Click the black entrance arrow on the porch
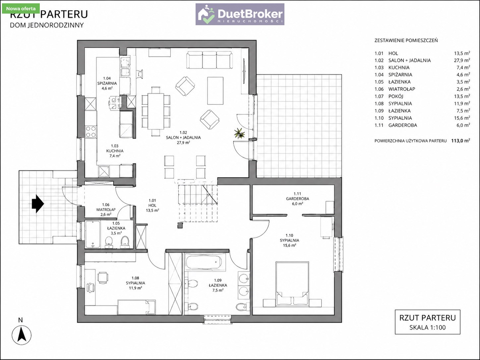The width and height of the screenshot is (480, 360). click(38, 204)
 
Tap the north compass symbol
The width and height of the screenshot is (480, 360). click(22, 335)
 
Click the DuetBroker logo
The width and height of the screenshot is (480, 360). click(240, 14)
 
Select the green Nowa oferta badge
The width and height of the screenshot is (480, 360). click(21, 9)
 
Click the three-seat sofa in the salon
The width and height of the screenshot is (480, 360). click(209, 60)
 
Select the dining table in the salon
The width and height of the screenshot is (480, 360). click(156, 111)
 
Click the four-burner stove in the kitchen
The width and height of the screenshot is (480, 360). click(91, 132)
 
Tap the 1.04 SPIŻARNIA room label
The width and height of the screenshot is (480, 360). click(107, 83)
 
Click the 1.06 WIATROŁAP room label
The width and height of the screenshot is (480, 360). click(106, 210)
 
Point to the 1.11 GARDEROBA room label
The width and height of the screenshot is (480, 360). click(297, 199)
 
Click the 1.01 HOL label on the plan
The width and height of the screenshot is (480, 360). click(152, 206)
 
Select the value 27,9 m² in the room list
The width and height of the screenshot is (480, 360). click(462, 60)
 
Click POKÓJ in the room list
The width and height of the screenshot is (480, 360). click(396, 96)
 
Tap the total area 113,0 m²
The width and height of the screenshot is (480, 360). click(460, 141)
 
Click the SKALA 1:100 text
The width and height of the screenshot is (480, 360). click(428, 328)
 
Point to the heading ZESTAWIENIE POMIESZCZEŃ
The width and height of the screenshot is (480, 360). click(406, 40)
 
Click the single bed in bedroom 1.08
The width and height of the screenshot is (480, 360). click(137, 307)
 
